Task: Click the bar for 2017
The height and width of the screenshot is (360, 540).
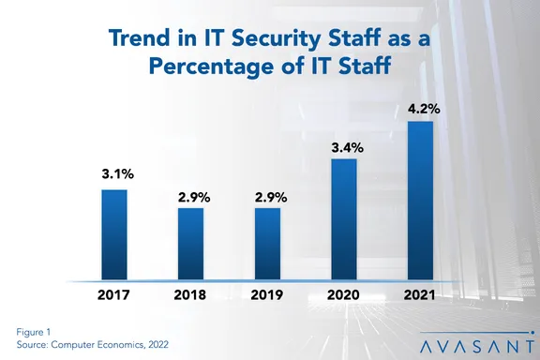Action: (x=113, y=234)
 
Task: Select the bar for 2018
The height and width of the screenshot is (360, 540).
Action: (x=190, y=244)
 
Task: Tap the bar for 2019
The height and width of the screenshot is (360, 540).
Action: (x=267, y=244)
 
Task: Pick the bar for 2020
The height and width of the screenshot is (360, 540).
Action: (x=344, y=219)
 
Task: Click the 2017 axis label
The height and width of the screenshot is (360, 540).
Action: (x=113, y=295)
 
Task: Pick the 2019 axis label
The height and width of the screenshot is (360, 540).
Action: (x=267, y=295)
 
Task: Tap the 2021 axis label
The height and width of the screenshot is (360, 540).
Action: (x=421, y=295)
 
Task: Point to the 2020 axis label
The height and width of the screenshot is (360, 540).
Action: (x=344, y=295)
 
